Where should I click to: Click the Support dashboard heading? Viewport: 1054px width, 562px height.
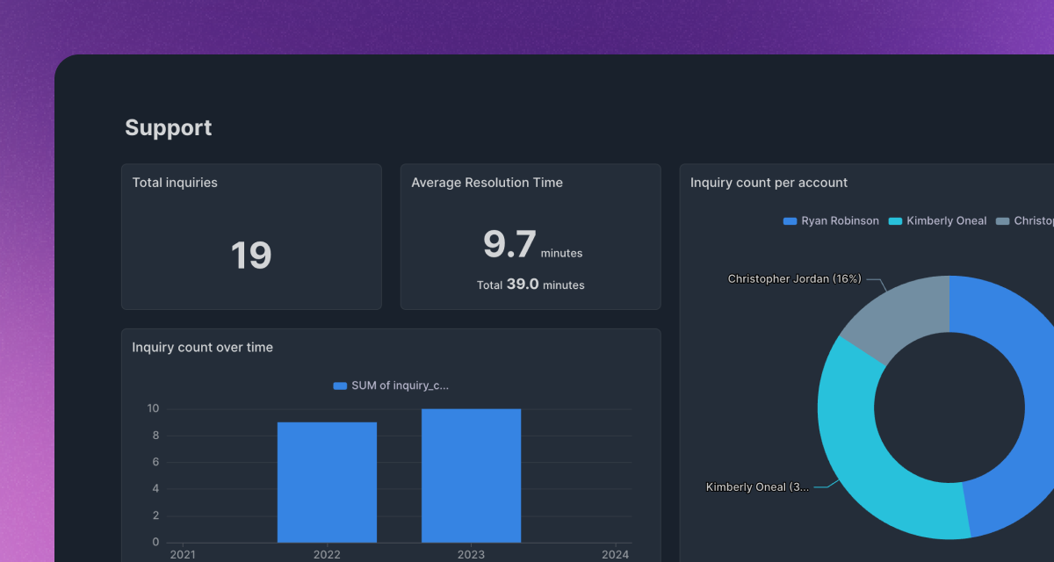click(x=168, y=128)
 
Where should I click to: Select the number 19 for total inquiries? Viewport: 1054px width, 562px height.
click(x=251, y=256)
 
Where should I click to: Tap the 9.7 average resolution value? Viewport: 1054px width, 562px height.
click(x=509, y=244)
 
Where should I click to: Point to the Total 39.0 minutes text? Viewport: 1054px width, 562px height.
click(x=531, y=285)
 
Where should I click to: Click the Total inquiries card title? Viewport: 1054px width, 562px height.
click(x=175, y=183)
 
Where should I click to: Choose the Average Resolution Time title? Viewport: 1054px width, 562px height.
click(x=487, y=183)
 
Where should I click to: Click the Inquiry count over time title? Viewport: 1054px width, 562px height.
click(x=202, y=348)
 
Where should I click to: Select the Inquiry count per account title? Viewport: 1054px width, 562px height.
click(x=769, y=183)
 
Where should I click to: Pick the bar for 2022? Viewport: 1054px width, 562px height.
click(x=327, y=482)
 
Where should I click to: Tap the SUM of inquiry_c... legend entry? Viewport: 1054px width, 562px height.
click(x=392, y=385)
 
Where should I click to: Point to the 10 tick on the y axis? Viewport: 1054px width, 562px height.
click(x=153, y=408)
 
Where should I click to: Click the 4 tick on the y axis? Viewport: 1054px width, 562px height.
click(x=155, y=488)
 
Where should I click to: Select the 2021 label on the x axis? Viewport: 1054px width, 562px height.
click(x=183, y=554)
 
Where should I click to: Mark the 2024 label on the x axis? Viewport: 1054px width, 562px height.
click(x=615, y=554)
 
